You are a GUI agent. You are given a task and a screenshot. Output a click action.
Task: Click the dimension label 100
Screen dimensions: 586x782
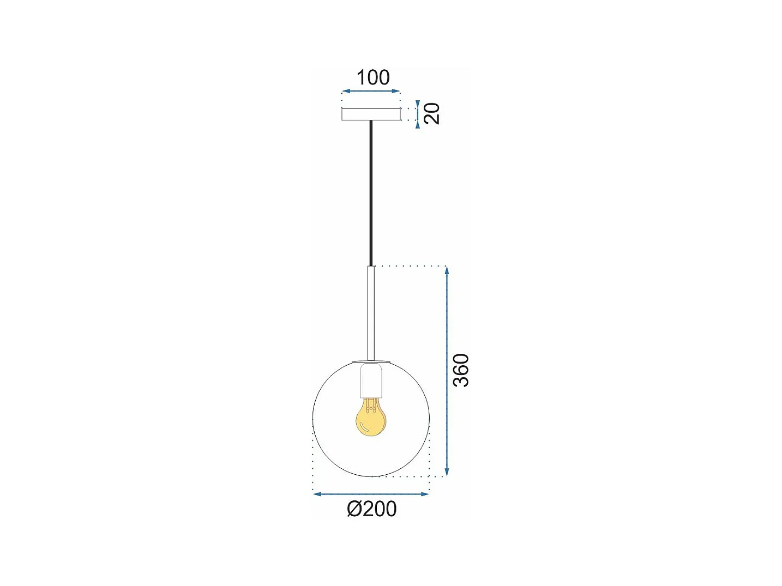tap(373, 77)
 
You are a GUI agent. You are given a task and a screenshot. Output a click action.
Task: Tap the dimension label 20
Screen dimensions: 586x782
tap(431, 113)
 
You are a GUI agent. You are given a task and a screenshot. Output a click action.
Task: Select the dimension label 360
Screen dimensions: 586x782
tap(461, 370)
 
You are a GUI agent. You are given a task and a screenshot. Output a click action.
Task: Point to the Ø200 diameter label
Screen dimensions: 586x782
tap(371, 509)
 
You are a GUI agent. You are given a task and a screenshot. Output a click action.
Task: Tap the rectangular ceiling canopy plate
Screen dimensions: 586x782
tap(371, 114)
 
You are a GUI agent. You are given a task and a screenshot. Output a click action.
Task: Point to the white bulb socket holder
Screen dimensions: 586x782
tap(371, 380)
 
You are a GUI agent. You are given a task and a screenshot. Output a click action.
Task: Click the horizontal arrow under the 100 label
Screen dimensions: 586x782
tap(371, 91)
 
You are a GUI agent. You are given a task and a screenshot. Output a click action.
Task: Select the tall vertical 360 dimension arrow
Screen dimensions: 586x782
tap(447, 371)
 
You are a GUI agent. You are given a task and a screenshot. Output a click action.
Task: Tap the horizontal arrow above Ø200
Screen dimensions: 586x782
tap(371, 494)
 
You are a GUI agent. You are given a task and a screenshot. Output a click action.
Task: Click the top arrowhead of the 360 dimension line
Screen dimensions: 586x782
tap(447, 270)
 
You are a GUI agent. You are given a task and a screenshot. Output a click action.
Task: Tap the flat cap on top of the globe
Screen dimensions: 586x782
tap(371, 361)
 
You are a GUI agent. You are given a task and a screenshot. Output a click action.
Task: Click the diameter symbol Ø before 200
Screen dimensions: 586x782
tap(354, 509)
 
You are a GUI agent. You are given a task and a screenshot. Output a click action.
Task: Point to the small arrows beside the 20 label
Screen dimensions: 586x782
tap(418, 114)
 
